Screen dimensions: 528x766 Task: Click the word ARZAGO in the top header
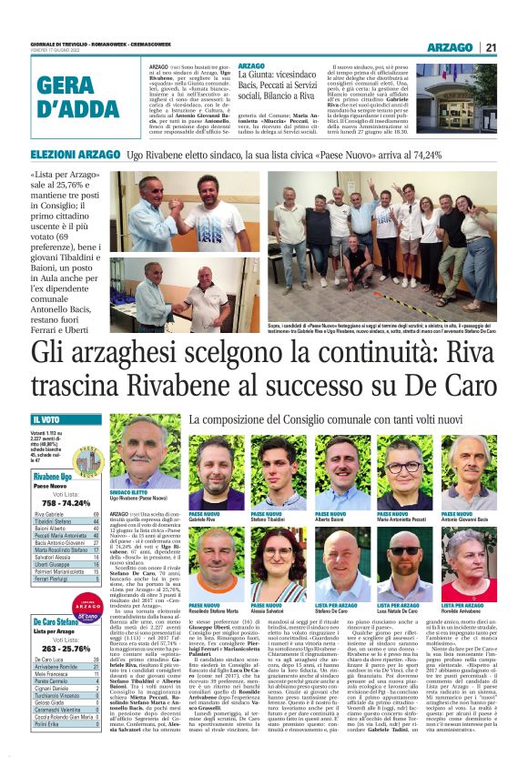coord(449,47)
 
